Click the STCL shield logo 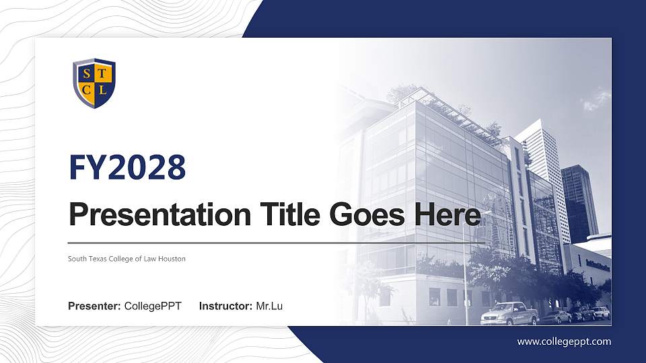(94, 83)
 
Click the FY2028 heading (127, 167)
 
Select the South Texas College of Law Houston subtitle (127, 259)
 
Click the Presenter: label (94, 307)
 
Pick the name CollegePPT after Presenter (153, 307)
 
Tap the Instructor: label (226, 307)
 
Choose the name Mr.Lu (269, 307)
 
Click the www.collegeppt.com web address (564, 341)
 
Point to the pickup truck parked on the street (509, 313)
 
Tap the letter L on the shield (102, 89)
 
